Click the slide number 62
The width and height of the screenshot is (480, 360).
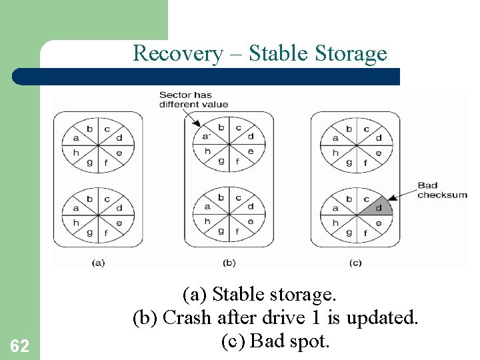coord(20,345)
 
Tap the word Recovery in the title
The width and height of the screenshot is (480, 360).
coord(177,53)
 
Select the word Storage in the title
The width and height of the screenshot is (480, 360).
coord(351,53)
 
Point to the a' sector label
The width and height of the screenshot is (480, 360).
coord(207,137)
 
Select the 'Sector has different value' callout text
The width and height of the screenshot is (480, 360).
coord(193,99)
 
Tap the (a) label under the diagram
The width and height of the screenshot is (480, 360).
coord(98,263)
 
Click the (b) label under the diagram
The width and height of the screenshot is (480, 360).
coord(229,263)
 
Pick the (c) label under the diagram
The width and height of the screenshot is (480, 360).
coord(355,263)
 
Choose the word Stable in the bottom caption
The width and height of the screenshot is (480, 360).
coord(237,294)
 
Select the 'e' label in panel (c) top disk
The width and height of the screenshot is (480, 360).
coord(378,152)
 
